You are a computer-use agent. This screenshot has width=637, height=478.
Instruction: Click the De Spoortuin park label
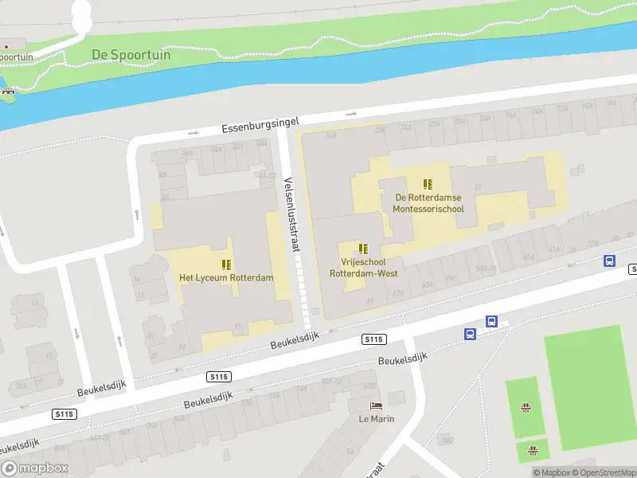pos(127,54)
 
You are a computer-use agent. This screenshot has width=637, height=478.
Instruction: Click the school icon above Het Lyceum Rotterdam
pos(226,264)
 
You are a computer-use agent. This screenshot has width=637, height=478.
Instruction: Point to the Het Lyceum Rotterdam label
pos(226,278)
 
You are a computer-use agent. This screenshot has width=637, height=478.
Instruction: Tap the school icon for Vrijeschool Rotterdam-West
pos(364,249)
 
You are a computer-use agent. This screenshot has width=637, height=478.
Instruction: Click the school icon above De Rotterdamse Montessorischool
pos(428,183)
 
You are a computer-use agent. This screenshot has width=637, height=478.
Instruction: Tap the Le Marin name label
pos(377,419)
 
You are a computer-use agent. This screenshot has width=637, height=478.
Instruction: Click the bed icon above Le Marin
pos(377,406)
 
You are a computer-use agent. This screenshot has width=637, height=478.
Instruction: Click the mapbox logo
pos(34,468)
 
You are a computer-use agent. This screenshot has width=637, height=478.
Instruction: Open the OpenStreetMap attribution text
pos(600,473)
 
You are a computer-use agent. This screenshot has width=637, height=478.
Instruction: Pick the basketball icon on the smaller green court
pos(533,452)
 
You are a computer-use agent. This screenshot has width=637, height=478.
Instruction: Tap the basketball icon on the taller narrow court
pos(526,409)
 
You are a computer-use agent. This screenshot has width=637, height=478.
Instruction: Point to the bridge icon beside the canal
pos(9,92)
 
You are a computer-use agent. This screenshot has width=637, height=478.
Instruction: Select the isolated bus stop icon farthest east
pos(609,261)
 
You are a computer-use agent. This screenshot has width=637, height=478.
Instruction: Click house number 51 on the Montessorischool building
pos(478,188)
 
